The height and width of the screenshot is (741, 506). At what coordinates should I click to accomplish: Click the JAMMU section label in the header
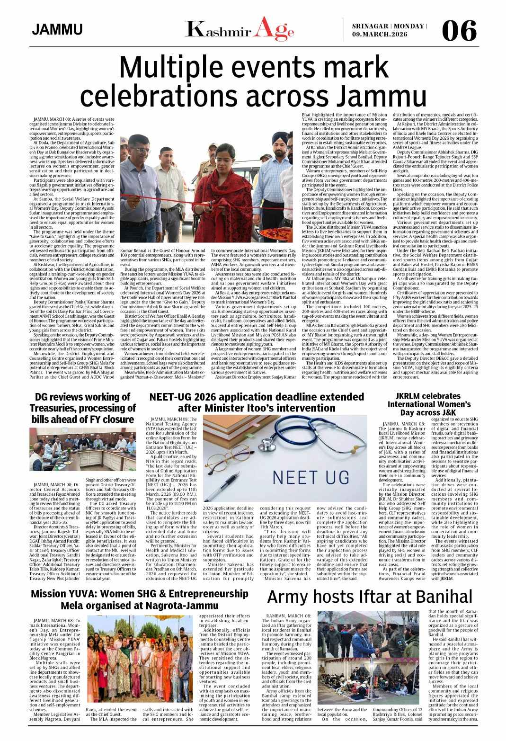pos(57,30)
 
